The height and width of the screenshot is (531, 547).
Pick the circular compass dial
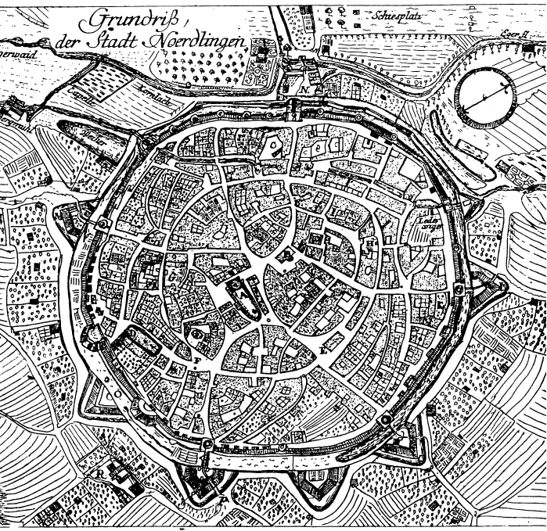pyautogui.click(x=485, y=97)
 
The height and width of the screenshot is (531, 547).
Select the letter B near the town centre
pyautogui.click(x=316, y=239)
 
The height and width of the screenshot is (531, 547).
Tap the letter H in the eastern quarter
pyautogui.click(x=368, y=243)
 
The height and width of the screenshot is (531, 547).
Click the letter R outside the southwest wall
pyautogui.click(x=99, y=472)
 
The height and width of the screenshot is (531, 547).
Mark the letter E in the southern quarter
pyautogui.click(x=323, y=350)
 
